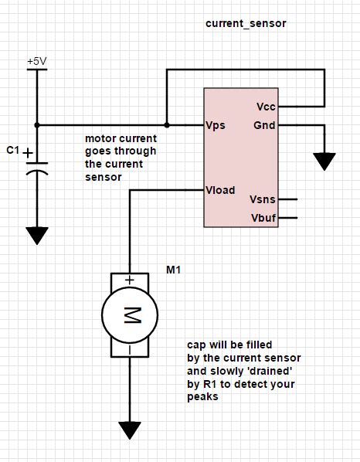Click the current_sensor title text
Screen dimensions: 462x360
tap(246, 24)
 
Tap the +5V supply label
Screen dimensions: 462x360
tap(36, 60)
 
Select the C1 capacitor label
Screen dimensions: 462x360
tap(12, 151)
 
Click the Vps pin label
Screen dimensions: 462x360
tap(216, 125)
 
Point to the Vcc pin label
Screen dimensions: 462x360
tap(265, 106)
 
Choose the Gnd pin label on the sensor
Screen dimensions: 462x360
tap(263, 124)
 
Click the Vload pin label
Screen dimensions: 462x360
tap(220, 190)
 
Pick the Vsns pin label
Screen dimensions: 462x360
tap(262, 200)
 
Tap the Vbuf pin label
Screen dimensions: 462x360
tap(263, 218)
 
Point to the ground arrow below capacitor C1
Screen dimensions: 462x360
tap(36, 235)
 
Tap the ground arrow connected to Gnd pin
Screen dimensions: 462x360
tap(324, 161)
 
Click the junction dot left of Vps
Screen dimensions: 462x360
tap(166, 124)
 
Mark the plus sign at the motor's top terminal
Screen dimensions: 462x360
tap(130, 280)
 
